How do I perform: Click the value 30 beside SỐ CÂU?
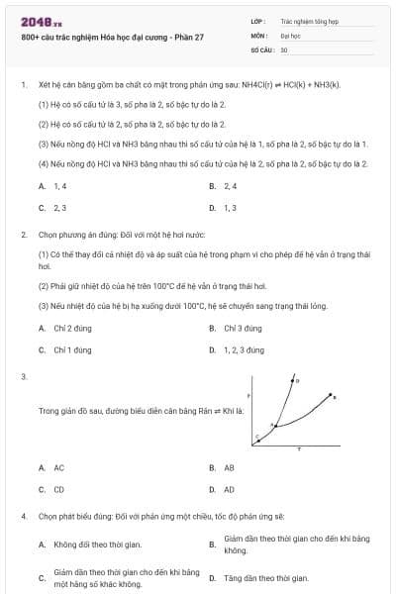tap(284, 49)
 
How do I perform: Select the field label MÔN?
tap(258, 34)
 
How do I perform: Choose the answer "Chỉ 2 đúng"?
tap(72, 328)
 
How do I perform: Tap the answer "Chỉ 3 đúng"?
tap(243, 328)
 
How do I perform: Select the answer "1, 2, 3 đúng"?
tap(244, 349)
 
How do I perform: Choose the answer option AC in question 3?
tap(59, 467)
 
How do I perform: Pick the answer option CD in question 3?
tap(59, 489)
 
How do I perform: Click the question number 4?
tap(23, 516)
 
